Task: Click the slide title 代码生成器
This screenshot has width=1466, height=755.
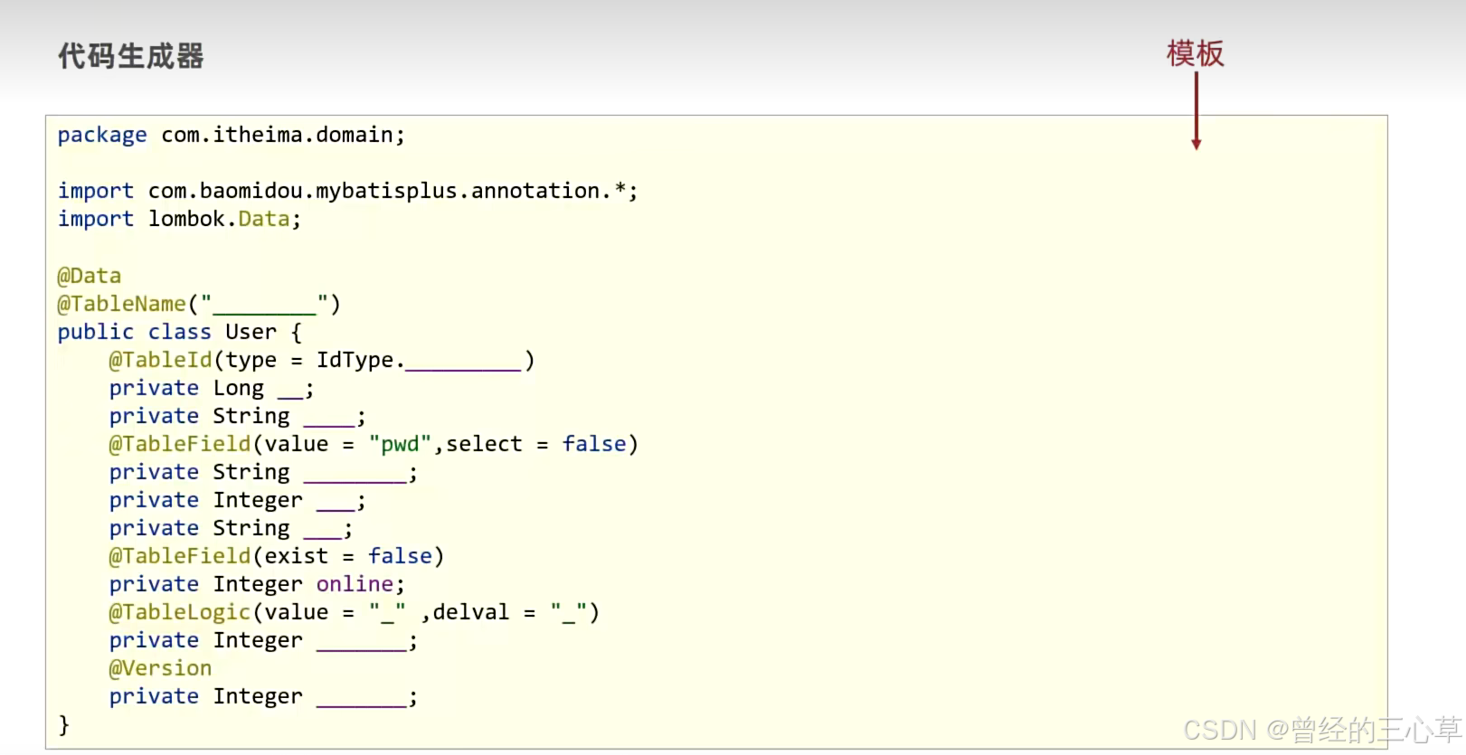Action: [131, 56]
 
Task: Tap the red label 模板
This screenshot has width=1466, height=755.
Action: [1195, 53]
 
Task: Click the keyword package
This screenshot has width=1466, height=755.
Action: [102, 136]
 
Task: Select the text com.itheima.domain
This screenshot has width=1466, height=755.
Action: [277, 135]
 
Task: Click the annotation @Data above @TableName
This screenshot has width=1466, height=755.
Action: [90, 276]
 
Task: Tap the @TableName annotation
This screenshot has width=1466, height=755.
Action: [122, 304]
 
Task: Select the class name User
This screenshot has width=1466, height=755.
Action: [251, 332]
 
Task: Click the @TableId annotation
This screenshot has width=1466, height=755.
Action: [161, 360]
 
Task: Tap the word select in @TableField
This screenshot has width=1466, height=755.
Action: [484, 444]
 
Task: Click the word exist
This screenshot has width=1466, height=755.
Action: [296, 556]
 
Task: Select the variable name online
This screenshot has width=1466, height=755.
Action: [355, 584]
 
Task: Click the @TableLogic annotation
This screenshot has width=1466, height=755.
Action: [180, 612]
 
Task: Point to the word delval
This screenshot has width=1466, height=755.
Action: [470, 612]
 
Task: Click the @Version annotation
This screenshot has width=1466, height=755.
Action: [161, 668]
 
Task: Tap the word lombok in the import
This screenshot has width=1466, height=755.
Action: [186, 219]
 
